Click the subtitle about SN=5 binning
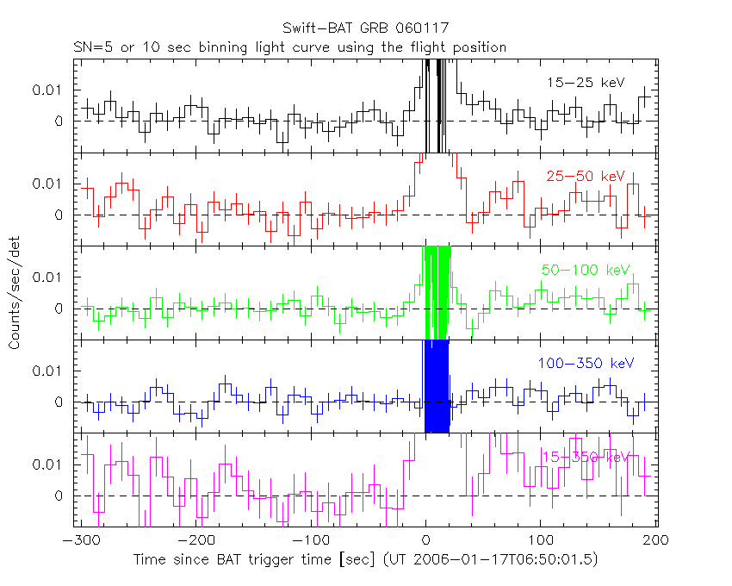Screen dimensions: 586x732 click(289, 47)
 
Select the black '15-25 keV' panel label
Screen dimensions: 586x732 click(585, 83)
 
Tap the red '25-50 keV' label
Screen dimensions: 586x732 click(585, 176)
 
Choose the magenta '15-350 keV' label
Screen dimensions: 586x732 click(585, 457)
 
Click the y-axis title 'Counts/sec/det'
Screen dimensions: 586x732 click(15, 293)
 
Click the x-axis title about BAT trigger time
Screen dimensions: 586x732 click(365, 559)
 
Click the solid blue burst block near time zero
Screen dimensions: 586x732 click(437, 385)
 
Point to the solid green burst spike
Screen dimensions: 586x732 click(437, 293)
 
